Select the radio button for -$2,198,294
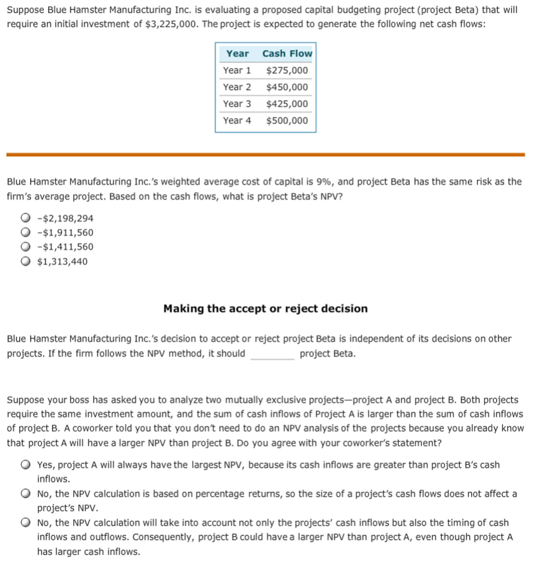(x=25, y=218)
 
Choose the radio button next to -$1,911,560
(x=25, y=232)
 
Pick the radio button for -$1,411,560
(x=25, y=246)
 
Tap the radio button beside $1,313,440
(x=25, y=261)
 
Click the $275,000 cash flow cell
(x=287, y=70)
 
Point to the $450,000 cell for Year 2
(x=287, y=87)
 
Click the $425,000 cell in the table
(x=287, y=104)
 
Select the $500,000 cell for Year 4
(x=287, y=120)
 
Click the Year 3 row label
(x=237, y=104)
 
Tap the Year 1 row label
(x=237, y=70)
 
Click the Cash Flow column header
(x=287, y=53)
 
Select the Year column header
(x=237, y=53)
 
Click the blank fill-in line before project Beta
(x=272, y=355)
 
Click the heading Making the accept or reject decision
(x=265, y=309)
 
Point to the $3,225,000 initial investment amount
(x=170, y=24)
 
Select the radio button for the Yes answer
(x=25, y=465)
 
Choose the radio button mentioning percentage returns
(x=25, y=493)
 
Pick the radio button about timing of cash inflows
(x=25, y=522)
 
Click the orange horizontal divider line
(x=265, y=155)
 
